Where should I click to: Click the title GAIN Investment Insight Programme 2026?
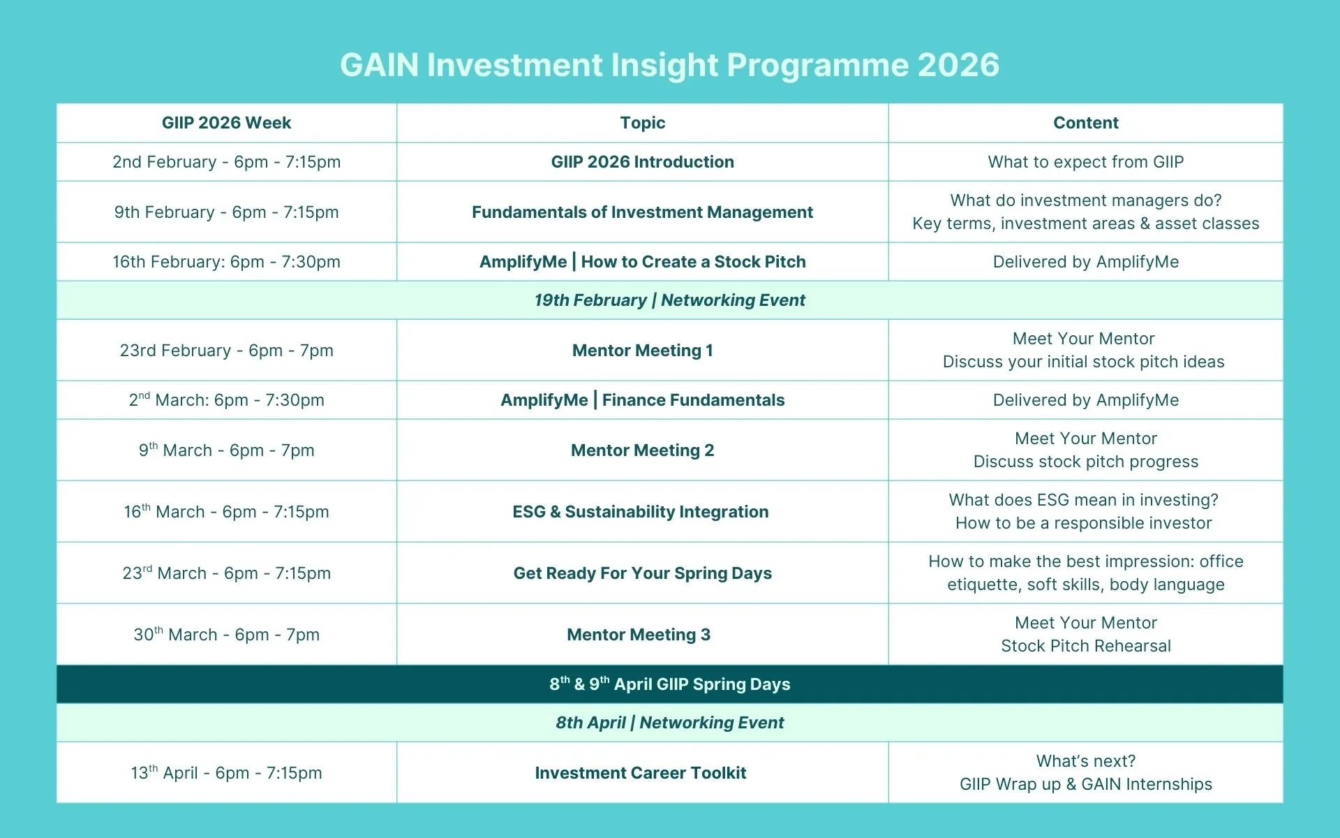pyautogui.click(x=670, y=65)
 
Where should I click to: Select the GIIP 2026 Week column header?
pyautogui.click(x=227, y=123)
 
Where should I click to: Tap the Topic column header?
pyautogui.click(x=643, y=123)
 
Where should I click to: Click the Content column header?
pyautogui.click(x=1086, y=123)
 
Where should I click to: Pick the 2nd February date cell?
pyautogui.click(x=227, y=162)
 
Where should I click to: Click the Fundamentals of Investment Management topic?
pyautogui.click(x=643, y=212)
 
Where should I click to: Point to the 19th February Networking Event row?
pyautogui.click(x=670, y=300)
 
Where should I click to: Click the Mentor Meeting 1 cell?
pyautogui.click(x=643, y=351)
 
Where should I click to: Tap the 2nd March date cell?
pyautogui.click(x=227, y=400)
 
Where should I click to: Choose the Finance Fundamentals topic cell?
pyautogui.click(x=643, y=400)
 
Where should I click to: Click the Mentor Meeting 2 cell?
pyautogui.click(x=643, y=450)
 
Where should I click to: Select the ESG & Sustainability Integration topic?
pyautogui.click(x=641, y=512)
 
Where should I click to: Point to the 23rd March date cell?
pyautogui.click(x=227, y=573)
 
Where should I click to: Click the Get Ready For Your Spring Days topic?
pyautogui.click(x=643, y=573)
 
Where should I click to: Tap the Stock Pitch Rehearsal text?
pyautogui.click(x=1086, y=646)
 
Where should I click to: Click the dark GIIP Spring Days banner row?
pyautogui.click(x=670, y=684)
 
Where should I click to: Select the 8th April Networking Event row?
pyautogui.click(x=670, y=723)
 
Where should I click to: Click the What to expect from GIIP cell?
pyautogui.click(x=1086, y=162)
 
